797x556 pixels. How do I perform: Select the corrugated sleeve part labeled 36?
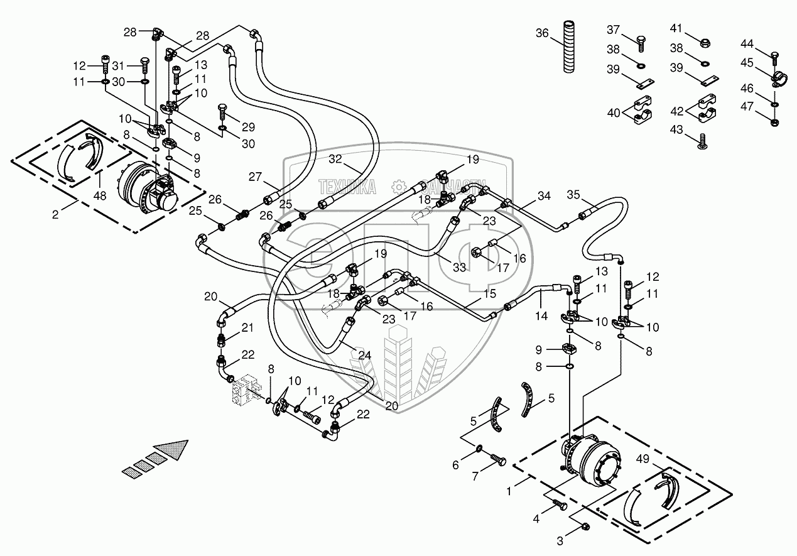569,45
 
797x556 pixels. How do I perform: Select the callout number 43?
676,129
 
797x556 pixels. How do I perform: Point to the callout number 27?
254,177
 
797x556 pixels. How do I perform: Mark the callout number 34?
543,197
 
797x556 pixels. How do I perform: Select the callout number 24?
365,355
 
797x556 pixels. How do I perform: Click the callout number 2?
56,215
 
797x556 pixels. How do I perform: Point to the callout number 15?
489,293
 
